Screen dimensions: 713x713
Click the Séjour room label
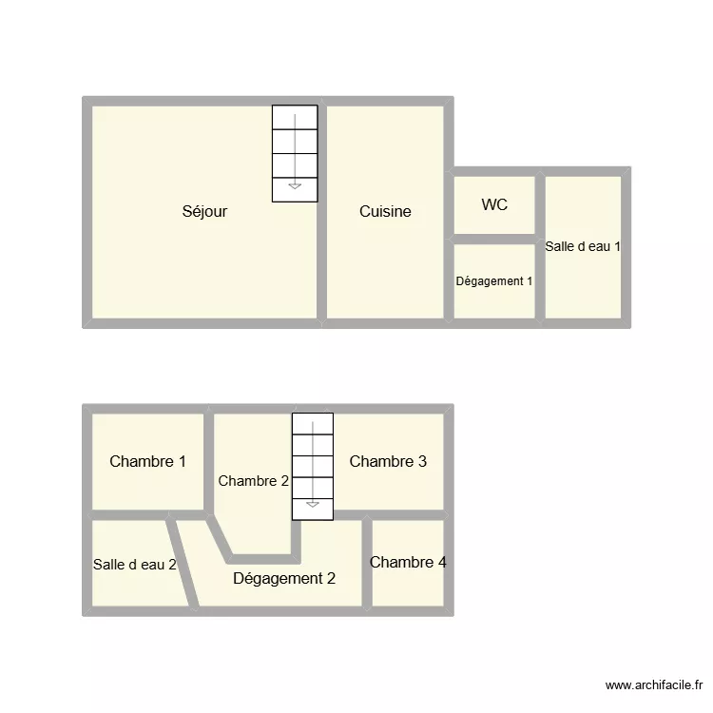204,211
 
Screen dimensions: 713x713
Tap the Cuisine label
385,211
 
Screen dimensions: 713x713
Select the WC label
494,204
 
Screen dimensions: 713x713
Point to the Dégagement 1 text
494,281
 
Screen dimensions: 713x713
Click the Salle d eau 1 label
583,246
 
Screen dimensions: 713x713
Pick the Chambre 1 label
147,462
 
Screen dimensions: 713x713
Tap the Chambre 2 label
253,481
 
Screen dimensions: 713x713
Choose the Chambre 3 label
388,462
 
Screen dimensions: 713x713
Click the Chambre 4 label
408,562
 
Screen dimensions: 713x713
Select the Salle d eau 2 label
135,565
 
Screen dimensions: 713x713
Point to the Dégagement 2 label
283,578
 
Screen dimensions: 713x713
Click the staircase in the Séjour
295,152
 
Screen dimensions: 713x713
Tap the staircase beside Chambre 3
313,466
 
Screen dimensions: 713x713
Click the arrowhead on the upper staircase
295,185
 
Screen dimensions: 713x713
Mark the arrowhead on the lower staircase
313,504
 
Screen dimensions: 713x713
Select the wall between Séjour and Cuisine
322,211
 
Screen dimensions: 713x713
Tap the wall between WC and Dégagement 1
494,239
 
